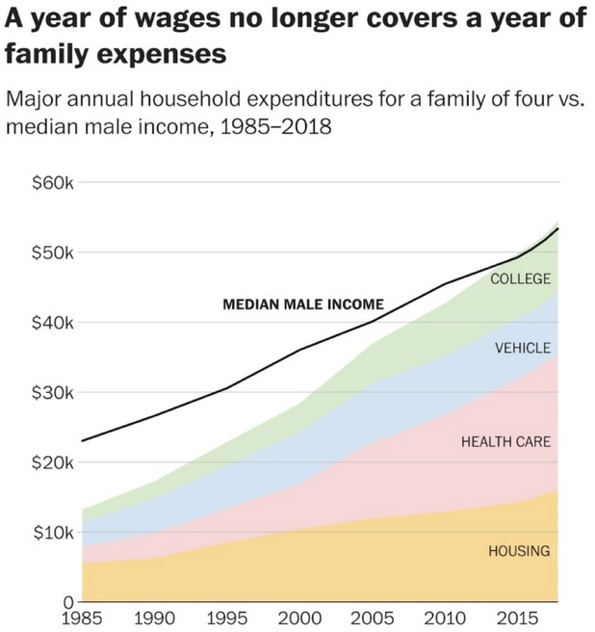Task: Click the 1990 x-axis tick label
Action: coord(156,616)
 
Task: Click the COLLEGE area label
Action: coord(520,278)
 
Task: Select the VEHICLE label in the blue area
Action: coord(523,348)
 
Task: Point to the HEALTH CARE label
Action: coord(505,441)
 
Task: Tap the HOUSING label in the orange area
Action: coord(519,551)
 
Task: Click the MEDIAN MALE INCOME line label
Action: coord(303,304)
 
